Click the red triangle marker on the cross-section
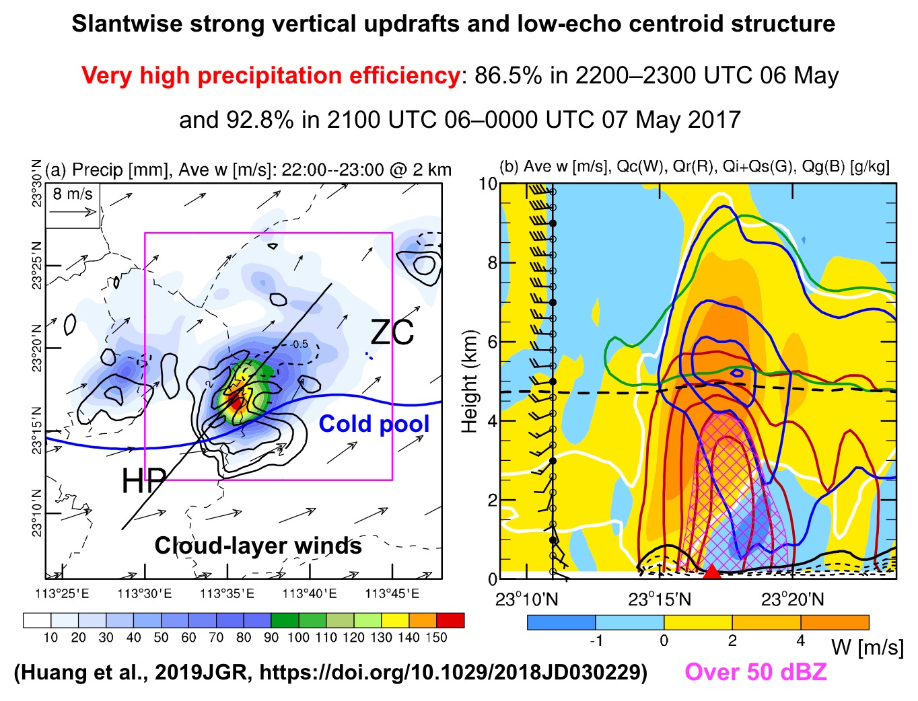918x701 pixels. tap(711, 572)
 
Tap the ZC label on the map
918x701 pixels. tap(392, 332)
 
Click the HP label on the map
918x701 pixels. tap(143, 480)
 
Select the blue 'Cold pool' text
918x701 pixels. tap(374, 424)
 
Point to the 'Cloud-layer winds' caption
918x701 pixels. tap(258, 546)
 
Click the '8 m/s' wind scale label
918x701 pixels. tap(73, 194)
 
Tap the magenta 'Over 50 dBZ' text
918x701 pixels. tap(755, 671)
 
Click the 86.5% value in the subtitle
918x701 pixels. tap(508, 75)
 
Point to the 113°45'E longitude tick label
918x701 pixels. tap(393, 593)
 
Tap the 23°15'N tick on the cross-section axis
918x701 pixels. tap(660, 599)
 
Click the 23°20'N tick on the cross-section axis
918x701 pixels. tap(793, 599)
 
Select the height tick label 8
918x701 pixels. tap(492, 263)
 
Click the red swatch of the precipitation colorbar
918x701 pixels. tap(450, 620)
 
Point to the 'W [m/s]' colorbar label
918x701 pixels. tap(867, 647)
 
